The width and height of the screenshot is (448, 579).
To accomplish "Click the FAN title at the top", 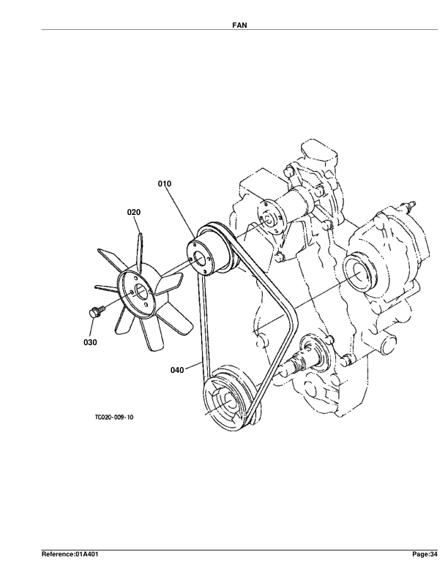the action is point(239,25).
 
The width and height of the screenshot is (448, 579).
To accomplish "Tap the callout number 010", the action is point(165,183).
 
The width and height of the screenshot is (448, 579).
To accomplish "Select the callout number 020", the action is point(134,212).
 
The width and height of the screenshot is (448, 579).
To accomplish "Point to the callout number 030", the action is point(90,342).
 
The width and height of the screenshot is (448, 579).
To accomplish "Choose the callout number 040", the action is point(177,370).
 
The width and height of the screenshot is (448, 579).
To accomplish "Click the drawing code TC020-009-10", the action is point(114,417).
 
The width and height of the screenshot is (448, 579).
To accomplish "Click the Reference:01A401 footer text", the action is point(70,554).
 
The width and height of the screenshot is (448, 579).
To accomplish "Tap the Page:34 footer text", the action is point(425,554).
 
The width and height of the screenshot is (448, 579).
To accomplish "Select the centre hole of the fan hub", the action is point(141,292).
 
